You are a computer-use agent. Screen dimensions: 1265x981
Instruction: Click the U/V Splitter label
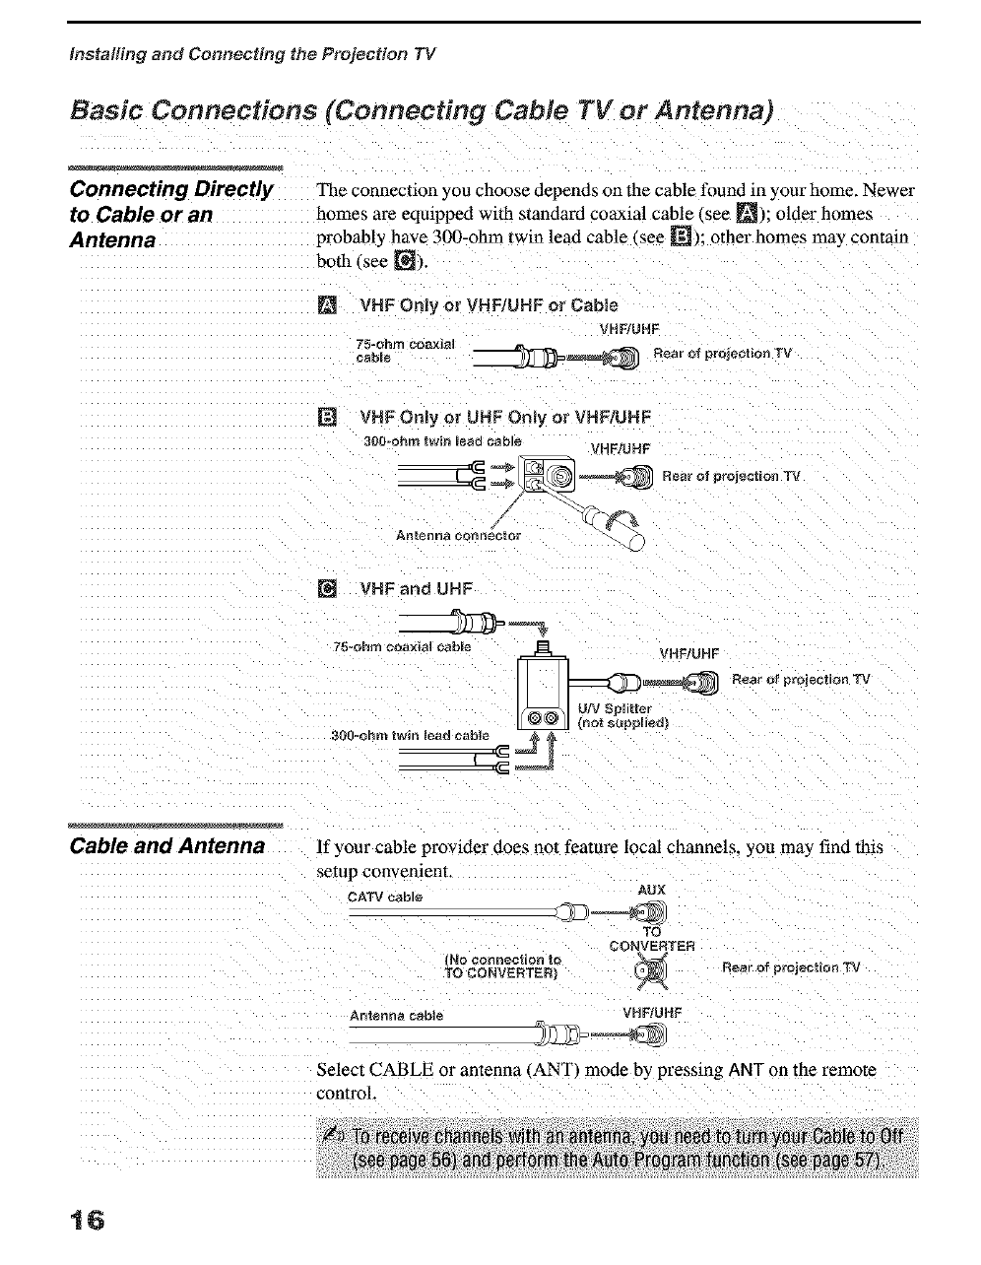point(615,708)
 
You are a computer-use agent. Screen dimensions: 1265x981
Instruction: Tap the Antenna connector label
point(458,536)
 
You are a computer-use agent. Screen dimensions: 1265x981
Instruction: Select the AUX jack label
point(652,890)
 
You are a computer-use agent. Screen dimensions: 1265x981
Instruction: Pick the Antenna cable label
point(396,1016)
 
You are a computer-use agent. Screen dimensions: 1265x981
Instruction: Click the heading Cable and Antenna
point(167,846)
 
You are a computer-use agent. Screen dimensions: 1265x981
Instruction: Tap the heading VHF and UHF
point(417,590)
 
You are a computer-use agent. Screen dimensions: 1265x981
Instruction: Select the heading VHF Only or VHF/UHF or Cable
point(490,303)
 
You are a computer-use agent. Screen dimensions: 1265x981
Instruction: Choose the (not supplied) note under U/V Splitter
point(623,722)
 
